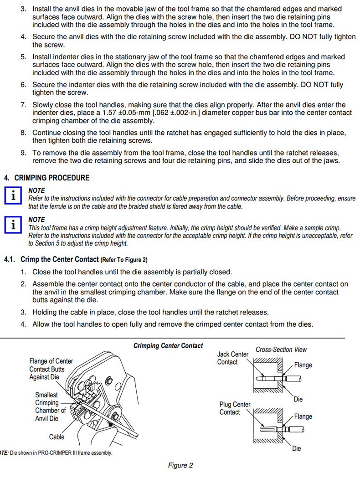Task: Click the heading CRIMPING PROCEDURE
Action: [52, 178]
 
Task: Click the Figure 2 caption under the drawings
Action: [180, 465]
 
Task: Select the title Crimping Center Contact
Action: [168, 346]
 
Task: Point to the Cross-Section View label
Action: [281, 350]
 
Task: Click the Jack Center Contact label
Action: [233, 358]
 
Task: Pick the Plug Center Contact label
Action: [235, 408]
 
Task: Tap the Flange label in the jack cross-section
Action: [303, 365]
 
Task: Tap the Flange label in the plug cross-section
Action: [303, 416]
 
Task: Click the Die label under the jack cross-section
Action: [298, 399]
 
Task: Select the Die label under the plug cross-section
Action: [297, 449]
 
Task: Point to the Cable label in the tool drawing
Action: [57, 437]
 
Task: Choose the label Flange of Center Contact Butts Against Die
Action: [51, 369]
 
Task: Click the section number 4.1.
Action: [10, 260]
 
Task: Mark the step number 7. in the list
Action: [23, 105]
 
